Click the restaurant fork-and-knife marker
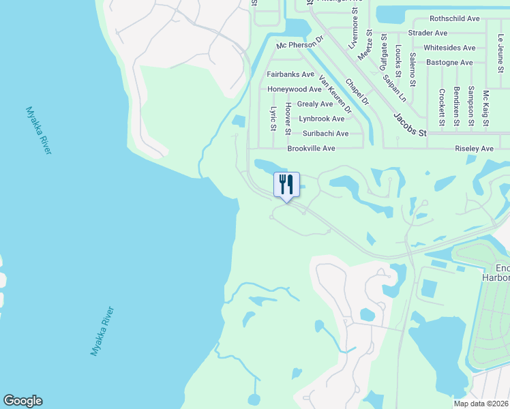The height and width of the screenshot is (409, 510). (286, 185)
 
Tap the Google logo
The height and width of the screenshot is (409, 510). (22, 401)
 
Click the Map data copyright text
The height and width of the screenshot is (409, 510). (481, 404)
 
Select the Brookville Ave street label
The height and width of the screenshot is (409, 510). (311, 148)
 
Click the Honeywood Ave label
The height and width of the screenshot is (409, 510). (294, 89)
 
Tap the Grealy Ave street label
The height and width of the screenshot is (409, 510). (315, 104)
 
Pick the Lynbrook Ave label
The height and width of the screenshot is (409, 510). (321, 119)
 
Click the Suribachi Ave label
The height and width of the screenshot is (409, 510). (325, 134)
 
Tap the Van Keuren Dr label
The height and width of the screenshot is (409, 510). (335, 94)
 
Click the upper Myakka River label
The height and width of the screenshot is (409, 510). (38, 130)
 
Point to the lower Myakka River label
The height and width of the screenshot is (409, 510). (102, 331)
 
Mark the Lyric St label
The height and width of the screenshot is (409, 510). (273, 118)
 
